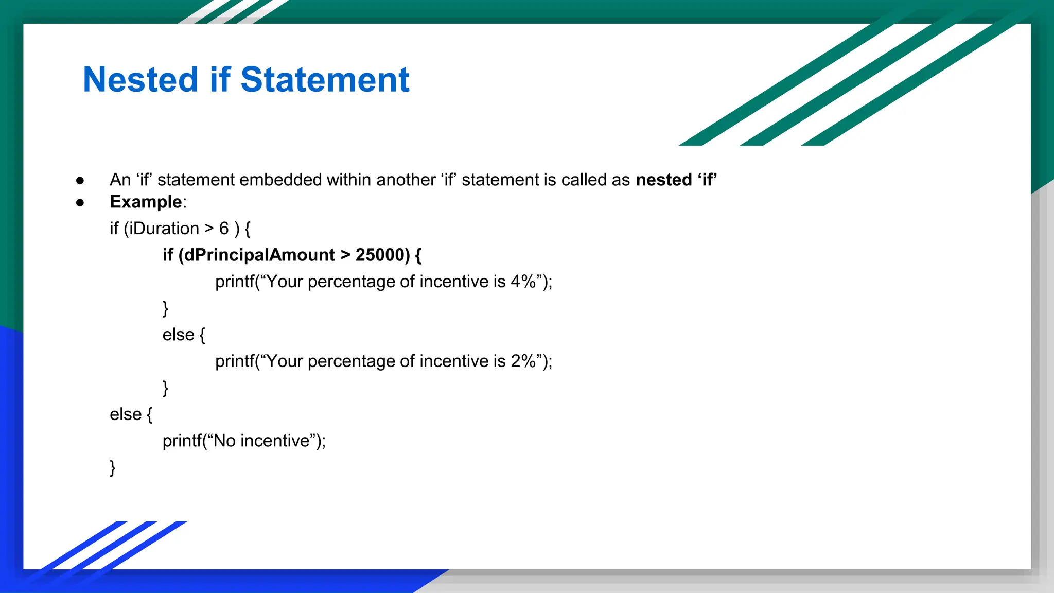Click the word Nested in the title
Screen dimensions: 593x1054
[140, 80]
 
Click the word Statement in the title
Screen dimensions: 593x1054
[325, 80]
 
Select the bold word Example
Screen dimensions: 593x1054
[146, 202]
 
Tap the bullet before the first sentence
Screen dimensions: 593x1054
[80, 180]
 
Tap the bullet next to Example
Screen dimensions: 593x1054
[80, 202]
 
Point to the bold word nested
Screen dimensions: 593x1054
[664, 180]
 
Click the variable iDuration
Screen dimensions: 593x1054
[164, 229]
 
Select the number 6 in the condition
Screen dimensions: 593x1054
[224, 229]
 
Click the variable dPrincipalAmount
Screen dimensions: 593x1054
[259, 255]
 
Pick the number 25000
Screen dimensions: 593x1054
[380, 255]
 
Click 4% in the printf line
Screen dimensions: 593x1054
[523, 282]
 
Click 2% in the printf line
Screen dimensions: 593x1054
[523, 361]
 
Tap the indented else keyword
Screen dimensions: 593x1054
[178, 335]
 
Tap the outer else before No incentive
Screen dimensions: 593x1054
[125, 414]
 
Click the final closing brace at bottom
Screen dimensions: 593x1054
[113, 468]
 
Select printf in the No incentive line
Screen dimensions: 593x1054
[182, 441]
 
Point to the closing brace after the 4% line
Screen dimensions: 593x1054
[165, 308]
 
